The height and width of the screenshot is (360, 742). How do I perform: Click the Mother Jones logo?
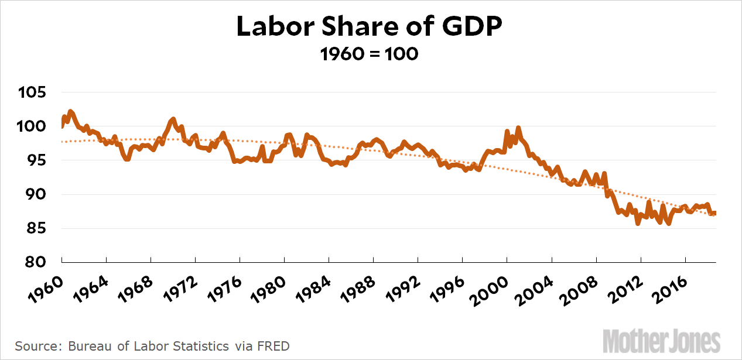click(x=662, y=340)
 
